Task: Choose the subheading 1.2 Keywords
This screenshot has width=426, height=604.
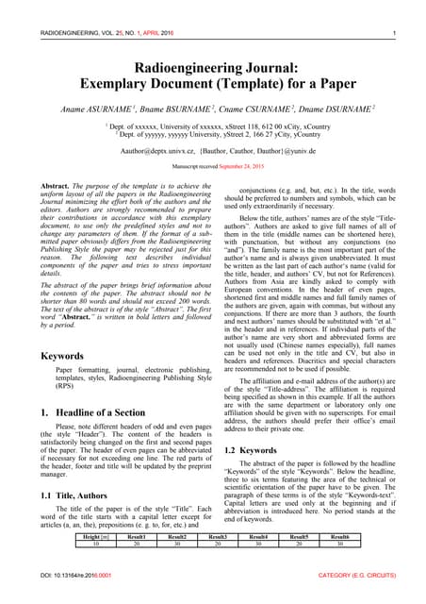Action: [251, 450]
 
